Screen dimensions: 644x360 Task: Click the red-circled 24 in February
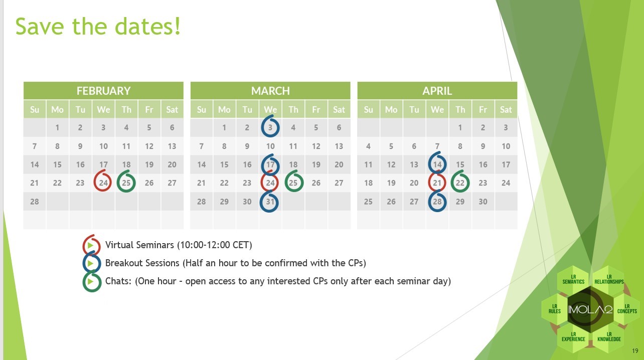point(103,183)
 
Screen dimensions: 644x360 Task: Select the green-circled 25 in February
point(126,183)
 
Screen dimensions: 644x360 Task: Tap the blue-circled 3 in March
point(270,127)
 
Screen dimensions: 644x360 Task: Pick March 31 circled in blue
point(270,202)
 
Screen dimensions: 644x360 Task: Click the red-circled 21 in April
point(437,183)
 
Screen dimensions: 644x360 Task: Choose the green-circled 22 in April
point(460,183)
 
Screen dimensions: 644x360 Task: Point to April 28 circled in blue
point(437,202)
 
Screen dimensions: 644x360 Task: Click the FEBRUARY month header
point(103,91)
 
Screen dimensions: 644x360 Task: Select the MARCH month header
point(270,91)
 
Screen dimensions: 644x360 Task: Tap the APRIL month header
point(437,91)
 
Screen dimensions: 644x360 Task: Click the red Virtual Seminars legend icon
point(91,245)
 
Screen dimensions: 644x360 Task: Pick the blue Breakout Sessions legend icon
point(91,263)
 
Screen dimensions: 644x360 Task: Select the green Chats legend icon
point(92,281)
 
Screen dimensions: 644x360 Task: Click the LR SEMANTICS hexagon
point(573,279)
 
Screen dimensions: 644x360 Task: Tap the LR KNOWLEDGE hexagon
point(609,337)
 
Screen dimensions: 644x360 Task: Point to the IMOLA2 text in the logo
point(590,310)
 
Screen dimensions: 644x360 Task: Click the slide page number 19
point(635,351)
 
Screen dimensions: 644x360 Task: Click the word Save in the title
point(40,26)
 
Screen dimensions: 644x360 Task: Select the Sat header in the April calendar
point(506,109)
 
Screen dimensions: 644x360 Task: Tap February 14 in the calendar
point(35,164)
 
